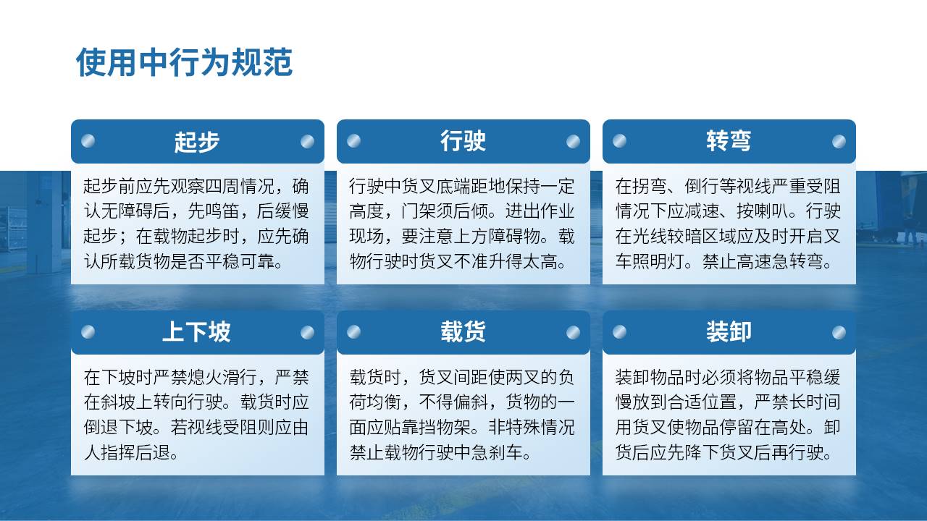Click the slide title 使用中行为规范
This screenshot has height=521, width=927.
[184, 62]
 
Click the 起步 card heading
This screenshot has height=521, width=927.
[196, 142]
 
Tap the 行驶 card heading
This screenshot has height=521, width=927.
[463, 141]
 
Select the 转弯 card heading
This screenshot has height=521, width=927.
[729, 141]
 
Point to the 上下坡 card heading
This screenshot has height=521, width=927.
[196, 332]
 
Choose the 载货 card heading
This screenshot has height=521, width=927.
[463, 332]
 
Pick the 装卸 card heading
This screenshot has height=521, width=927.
[729, 332]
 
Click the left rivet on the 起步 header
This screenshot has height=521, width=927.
[88, 141]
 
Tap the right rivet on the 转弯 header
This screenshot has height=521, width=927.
[839, 141]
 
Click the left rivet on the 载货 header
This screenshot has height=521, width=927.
[354, 332]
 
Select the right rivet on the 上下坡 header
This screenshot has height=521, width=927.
[308, 332]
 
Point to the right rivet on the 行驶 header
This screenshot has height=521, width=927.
[573, 141]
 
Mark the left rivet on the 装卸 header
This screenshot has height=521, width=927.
[619, 332]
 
